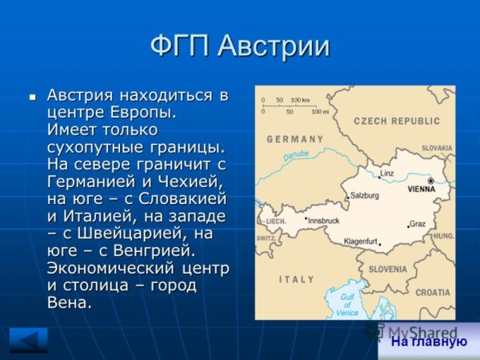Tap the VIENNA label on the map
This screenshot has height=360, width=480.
click(x=421, y=190)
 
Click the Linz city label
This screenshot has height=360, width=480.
click(x=387, y=174)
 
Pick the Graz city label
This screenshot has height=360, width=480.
click(x=418, y=224)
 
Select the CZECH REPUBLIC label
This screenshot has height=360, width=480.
click(x=397, y=121)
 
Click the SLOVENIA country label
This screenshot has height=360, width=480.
click(x=387, y=269)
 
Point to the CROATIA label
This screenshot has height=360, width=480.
click(x=433, y=293)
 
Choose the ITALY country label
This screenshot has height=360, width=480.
click(x=297, y=279)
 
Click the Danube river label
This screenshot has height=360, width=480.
click(x=295, y=154)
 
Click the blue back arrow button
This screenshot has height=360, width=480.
click(x=28, y=339)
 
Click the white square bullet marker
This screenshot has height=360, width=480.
click(x=33, y=96)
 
